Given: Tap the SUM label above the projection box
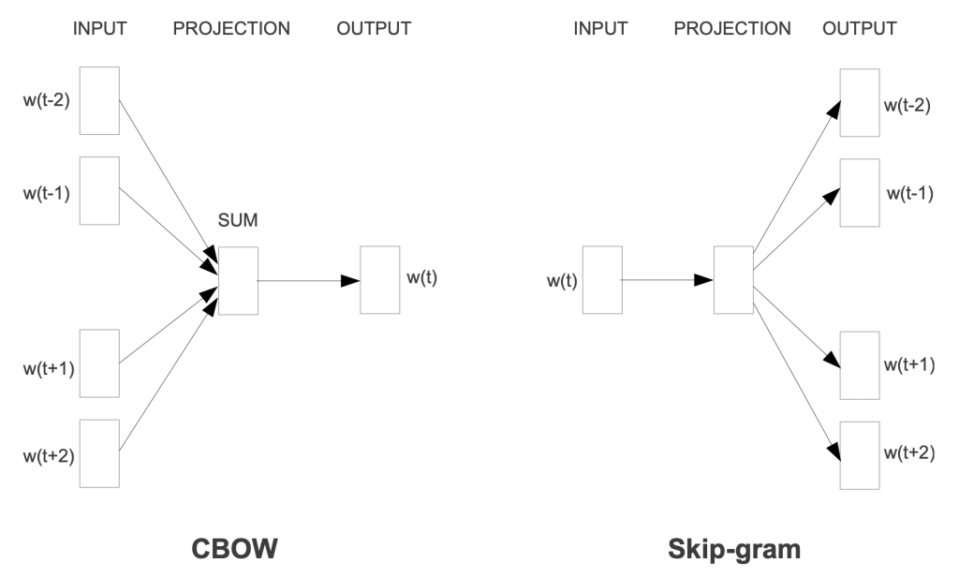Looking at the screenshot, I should click(237, 221).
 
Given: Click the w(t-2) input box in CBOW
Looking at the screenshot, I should click(99, 100).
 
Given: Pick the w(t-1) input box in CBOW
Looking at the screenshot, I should click(99, 190).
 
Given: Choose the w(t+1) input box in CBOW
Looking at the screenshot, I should click(99, 363).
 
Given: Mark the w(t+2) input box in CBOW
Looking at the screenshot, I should click(99, 453).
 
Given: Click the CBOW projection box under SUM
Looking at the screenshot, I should click(237, 280).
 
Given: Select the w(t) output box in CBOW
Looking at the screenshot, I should click(379, 280).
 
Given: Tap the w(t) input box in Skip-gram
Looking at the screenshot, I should click(601, 280).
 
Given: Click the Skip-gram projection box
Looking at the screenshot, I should click(732, 280).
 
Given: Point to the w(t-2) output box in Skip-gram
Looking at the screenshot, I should click(859, 103).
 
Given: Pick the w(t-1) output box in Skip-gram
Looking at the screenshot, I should click(859, 192).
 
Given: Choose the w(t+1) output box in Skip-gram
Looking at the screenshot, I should click(859, 364).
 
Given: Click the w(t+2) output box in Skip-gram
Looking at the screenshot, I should click(859, 454).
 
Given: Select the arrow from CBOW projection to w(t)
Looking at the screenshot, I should click(308, 280).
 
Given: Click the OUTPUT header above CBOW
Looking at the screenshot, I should click(373, 28).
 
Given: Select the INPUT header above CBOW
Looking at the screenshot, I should click(101, 28).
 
